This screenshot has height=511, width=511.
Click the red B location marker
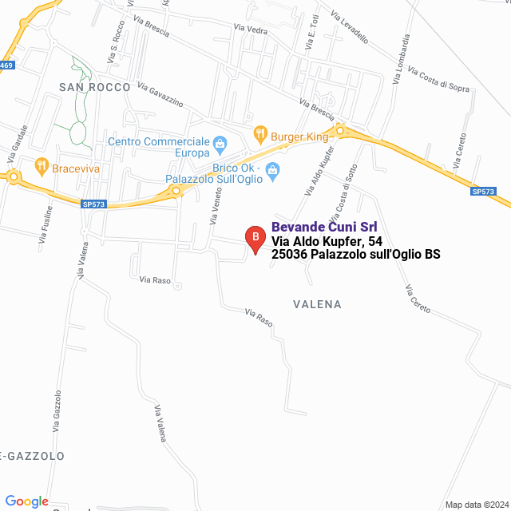tap(255, 238)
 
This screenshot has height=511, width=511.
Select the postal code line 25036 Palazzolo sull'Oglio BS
tap(356, 255)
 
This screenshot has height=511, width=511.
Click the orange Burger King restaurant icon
tap(259, 134)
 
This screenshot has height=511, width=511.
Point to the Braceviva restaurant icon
tap(41, 167)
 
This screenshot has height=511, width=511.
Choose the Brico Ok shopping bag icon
tap(272, 171)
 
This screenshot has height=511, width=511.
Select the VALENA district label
tap(317, 304)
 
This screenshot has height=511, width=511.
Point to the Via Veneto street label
tap(216, 203)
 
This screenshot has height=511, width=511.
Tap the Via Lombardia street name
tap(401, 59)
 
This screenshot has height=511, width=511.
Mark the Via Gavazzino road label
tap(160, 94)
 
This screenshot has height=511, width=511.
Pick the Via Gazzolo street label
tap(57, 411)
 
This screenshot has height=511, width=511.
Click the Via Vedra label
tap(250, 29)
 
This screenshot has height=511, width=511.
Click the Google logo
tap(26, 501)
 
